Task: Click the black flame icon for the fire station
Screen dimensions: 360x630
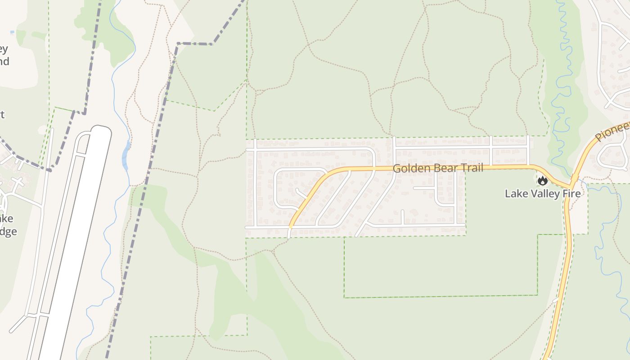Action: click(543, 180)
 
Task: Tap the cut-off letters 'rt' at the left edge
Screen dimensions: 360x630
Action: click(2, 114)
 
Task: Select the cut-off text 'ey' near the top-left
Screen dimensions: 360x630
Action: click(4, 49)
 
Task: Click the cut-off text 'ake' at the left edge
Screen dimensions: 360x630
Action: click(6, 219)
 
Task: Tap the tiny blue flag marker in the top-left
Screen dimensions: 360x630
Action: click(12, 32)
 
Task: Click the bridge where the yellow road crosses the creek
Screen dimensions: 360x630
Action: click(575, 178)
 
